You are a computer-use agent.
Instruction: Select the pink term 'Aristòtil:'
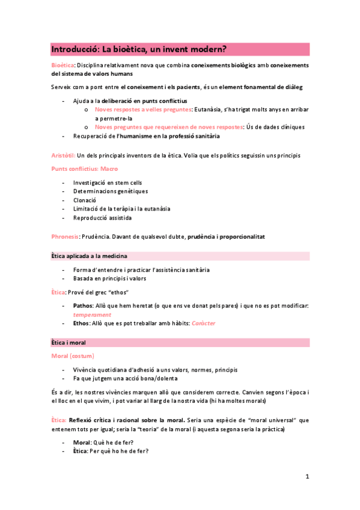(64, 156)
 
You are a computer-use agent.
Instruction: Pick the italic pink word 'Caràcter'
(203, 324)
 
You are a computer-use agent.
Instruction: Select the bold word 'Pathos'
(83, 306)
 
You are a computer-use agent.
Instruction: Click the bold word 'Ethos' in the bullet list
(82, 324)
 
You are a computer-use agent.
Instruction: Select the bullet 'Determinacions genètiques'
(111, 191)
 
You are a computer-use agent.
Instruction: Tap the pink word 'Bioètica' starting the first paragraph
(63, 65)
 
